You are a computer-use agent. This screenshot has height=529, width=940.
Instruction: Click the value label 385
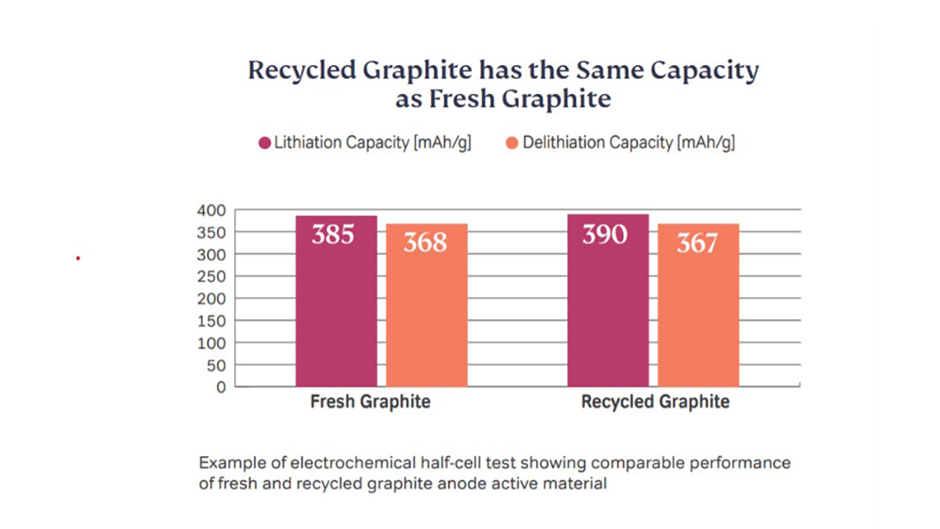coord(334,234)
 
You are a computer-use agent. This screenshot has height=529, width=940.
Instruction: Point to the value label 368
coord(425,243)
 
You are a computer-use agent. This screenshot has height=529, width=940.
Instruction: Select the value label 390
coord(605,234)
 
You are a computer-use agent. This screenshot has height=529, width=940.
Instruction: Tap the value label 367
coord(696,243)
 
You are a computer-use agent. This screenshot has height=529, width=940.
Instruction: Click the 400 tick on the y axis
coord(211,210)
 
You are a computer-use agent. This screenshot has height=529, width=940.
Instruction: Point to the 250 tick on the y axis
coord(211,277)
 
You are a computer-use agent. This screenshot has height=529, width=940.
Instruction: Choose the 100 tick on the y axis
coord(211,342)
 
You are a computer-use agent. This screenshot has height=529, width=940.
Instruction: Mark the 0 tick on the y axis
coord(220,386)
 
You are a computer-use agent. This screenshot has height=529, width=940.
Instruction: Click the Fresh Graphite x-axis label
coord(371,403)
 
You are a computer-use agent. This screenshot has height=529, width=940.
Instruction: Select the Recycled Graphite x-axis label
coord(655,403)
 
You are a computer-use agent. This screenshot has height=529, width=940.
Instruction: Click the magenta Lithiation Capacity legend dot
coord(265,143)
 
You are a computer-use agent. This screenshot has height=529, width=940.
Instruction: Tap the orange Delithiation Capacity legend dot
coord(512,143)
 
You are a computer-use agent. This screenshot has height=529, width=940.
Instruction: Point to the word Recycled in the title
coord(302,71)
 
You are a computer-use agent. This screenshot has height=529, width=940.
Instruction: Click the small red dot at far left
coord(78,258)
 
